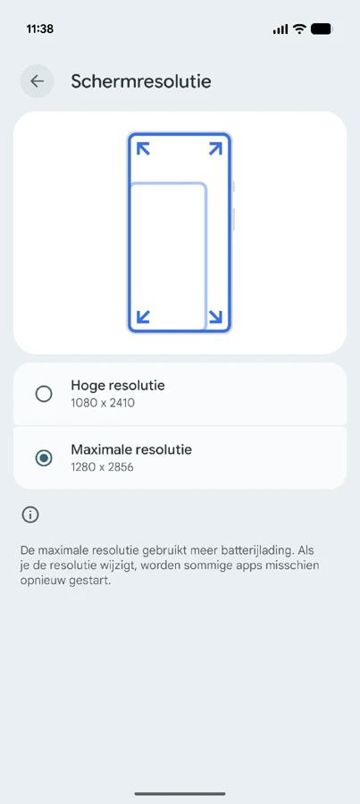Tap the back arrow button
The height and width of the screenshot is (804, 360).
pos(37,81)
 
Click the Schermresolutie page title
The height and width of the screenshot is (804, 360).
pos(141,81)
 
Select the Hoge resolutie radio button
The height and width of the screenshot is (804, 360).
pos(44,394)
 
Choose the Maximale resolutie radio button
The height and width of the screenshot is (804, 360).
pos(44,458)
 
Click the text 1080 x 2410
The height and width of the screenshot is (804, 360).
pos(103,403)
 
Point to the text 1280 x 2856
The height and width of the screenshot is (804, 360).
pos(103,467)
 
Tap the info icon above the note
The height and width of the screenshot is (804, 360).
pos(30,515)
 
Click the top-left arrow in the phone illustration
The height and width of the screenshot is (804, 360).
pos(143,148)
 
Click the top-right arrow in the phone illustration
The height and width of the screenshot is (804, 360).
pos(216,148)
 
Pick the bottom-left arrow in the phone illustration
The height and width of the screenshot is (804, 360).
pos(143,317)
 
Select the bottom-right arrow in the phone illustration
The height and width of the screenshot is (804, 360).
pos(216,317)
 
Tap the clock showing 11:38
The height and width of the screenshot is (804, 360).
pos(40,29)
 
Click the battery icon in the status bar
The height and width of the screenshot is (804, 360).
pos(322,29)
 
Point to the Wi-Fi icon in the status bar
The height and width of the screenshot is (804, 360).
pos(299,29)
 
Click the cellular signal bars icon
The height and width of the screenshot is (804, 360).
pos(280,29)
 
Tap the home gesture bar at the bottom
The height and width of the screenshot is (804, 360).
pos(180,794)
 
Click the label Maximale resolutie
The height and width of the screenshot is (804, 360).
pos(131,449)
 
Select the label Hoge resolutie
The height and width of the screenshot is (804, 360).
pos(118,385)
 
